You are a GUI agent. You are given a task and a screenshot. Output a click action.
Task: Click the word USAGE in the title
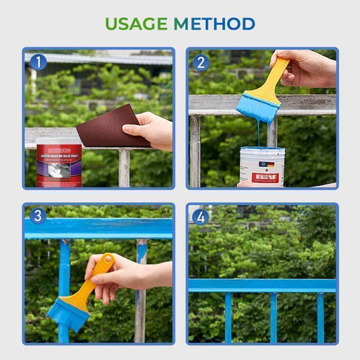click(136, 24)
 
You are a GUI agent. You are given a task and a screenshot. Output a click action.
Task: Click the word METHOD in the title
click(214, 24)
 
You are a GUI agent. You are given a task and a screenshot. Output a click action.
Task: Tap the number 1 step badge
click(38, 63)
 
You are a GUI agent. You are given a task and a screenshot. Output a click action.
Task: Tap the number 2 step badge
click(201, 63)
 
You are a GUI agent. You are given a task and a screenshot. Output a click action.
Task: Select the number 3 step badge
click(38, 216)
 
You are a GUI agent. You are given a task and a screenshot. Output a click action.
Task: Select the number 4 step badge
click(201, 217)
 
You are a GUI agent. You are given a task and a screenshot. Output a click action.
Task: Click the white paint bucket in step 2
click(261, 168)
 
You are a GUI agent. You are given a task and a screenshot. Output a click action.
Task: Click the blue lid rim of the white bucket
click(261, 150)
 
